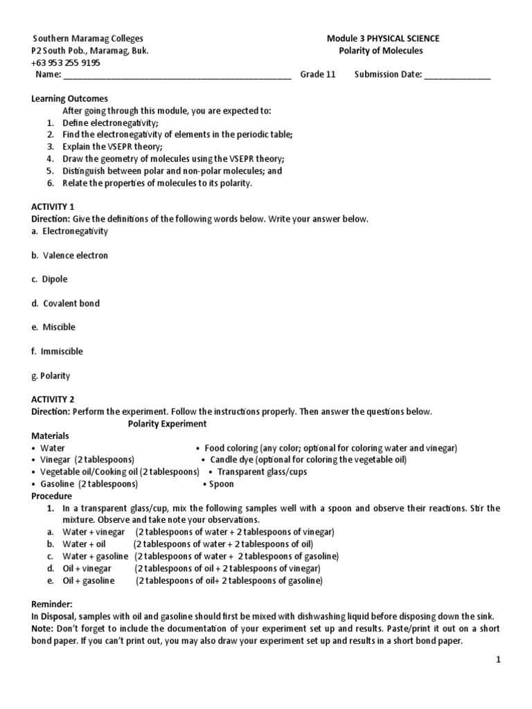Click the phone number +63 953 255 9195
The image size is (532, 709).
pos(66,62)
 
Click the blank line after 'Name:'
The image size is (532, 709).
pos(177,75)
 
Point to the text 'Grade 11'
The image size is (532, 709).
pos(317,75)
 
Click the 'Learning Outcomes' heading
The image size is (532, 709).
pos(69,99)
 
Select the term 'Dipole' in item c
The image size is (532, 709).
pos(55,279)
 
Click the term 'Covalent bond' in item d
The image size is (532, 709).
pos(71,303)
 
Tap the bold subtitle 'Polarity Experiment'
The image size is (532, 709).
pos(167,424)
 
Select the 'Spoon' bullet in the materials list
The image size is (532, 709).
pos(222,484)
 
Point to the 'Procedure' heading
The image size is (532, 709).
pos(52,496)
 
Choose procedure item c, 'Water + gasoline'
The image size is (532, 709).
pos(94,556)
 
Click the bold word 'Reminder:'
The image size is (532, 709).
pos(51,604)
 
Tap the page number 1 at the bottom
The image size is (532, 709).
pos(497,662)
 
